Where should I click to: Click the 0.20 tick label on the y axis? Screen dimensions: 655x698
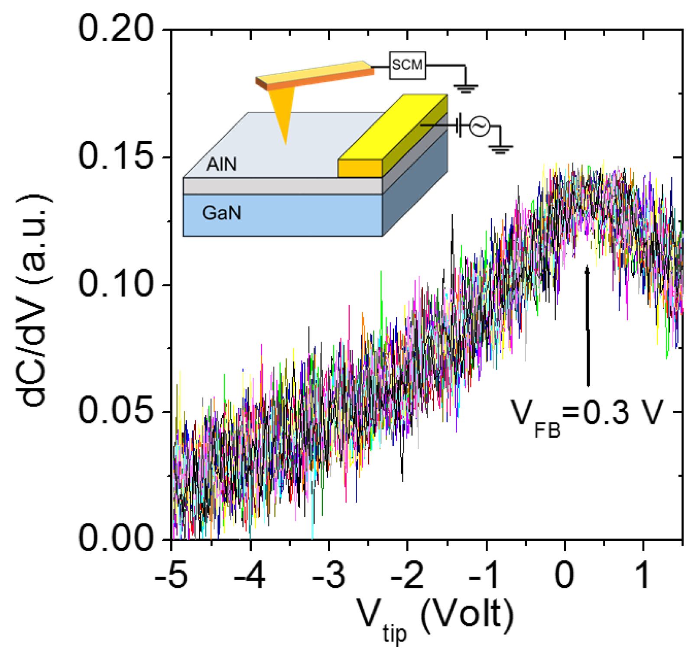[x=116, y=29]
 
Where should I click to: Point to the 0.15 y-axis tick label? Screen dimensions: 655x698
[x=116, y=156]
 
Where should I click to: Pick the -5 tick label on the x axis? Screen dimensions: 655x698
[x=172, y=576]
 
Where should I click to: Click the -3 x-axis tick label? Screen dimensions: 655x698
[x=329, y=576]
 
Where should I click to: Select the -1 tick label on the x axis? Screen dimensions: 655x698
[x=486, y=576]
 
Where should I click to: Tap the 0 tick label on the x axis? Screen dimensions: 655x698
[x=565, y=576]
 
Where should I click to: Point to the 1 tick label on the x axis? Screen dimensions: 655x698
[x=643, y=576]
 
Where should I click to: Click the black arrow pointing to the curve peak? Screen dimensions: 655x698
[x=588, y=325]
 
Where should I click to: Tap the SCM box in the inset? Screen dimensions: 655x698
[x=407, y=65]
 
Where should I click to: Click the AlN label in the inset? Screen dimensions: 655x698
[x=221, y=165]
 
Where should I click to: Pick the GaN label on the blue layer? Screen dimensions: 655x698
[x=221, y=213]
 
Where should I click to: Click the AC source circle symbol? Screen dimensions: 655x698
[x=480, y=126]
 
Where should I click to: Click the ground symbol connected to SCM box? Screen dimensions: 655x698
[x=465, y=88]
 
